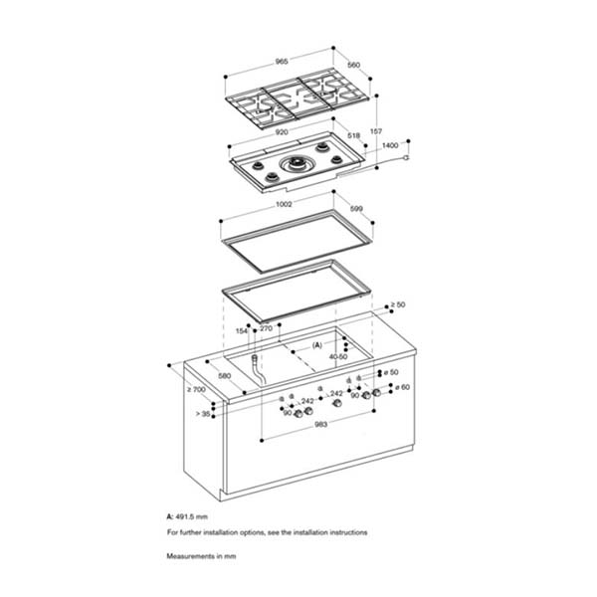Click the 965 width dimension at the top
coord(282,61)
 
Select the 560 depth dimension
coord(352,66)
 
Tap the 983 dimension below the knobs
coord(320,426)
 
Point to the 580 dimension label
coord(226,376)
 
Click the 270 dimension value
coord(266,328)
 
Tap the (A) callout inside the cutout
coord(318,344)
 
